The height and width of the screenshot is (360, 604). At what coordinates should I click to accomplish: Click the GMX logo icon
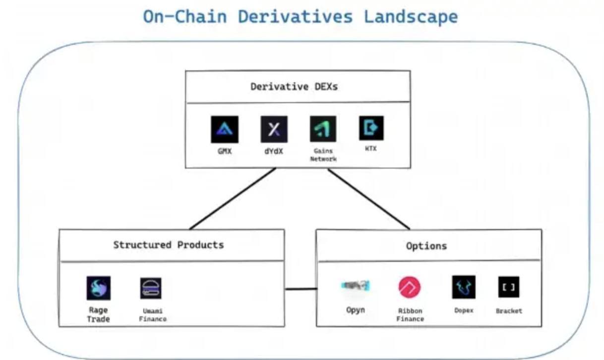click(x=224, y=129)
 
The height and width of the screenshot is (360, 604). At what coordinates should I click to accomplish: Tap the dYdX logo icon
click(x=274, y=129)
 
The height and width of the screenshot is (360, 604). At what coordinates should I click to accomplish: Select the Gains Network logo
click(x=323, y=129)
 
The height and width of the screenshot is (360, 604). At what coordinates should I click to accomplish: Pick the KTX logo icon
click(x=371, y=128)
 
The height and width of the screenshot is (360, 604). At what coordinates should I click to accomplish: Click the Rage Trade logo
click(x=98, y=289)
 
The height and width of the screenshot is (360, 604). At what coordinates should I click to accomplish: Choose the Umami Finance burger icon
click(x=151, y=289)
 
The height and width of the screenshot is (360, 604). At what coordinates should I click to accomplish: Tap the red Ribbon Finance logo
click(x=410, y=288)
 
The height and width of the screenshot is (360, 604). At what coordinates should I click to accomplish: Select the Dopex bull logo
click(x=463, y=287)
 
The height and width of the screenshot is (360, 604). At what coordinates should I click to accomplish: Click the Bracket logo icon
click(x=509, y=287)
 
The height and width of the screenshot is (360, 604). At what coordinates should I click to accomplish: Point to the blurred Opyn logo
click(x=355, y=286)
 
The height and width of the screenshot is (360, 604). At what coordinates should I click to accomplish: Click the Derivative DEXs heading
click(x=294, y=87)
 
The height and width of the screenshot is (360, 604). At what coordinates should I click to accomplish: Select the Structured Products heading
click(x=169, y=245)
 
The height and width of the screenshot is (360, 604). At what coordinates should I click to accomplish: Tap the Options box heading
click(x=426, y=246)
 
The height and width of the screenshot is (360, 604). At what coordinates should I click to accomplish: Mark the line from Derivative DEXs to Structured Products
click(x=232, y=199)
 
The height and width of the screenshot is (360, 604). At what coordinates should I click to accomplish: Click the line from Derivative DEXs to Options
click(x=368, y=199)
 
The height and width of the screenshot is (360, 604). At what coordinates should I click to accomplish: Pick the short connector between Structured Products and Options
click(x=301, y=289)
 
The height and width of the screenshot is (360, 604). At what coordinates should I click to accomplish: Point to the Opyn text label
click(x=355, y=310)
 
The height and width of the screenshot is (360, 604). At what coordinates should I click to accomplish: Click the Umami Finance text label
click(x=153, y=315)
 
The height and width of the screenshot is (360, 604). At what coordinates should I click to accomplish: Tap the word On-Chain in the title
click(x=185, y=16)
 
